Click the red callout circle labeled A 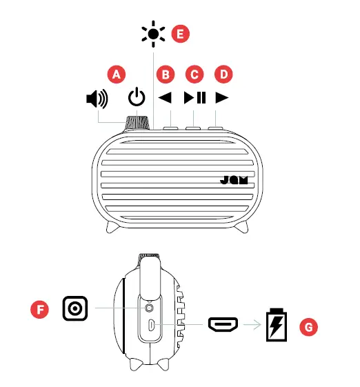point(117,73)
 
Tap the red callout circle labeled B point(165,73)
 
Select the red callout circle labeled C point(194,73)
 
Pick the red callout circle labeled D point(223,73)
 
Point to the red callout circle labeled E point(180,33)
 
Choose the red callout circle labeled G point(310,326)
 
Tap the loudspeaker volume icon point(97,99)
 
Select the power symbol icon point(137,98)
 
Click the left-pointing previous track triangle point(165,97)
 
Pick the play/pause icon point(194,97)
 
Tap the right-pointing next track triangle point(221,97)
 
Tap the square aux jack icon point(74,308)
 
